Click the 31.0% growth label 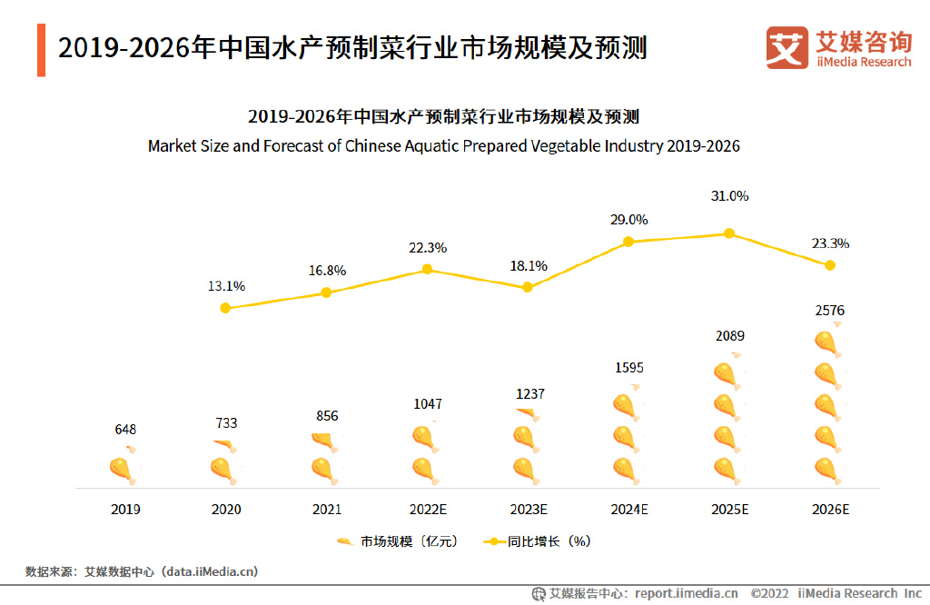pyautogui.click(x=729, y=196)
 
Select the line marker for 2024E pyautogui.click(x=628, y=242)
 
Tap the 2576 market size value pyautogui.click(x=829, y=311)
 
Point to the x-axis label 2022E pyautogui.click(x=428, y=510)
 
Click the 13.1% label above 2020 pyautogui.click(x=226, y=286)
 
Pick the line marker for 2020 pyautogui.click(x=225, y=308)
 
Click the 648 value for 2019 pyautogui.click(x=125, y=430)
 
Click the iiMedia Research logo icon pyautogui.click(x=786, y=47)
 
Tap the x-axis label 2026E pyautogui.click(x=830, y=510)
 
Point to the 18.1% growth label pyautogui.click(x=529, y=266)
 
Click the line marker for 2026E pyautogui.click(x=829, y=265)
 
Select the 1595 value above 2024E pyautogui.click(x=628, y=368)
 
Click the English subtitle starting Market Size pyautogui.click(x=443, y=145)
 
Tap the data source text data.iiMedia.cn pyautogui.click(x=209, y=571)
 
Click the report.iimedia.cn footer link pyautogui.click(x=686, y=593)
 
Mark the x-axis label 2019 pyautogui.click(x=125, y=510)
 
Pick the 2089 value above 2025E pyautogui.click(x=729, y=336)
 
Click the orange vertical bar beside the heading pyautogui.click(x=41, y=50)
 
